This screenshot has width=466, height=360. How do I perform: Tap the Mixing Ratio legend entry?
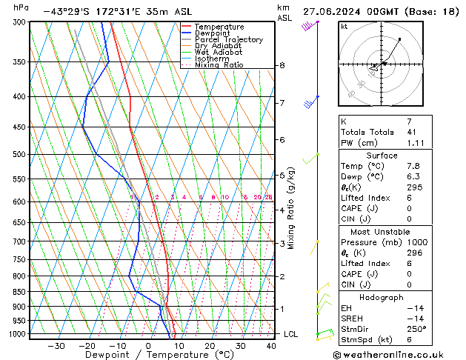click(219, 65)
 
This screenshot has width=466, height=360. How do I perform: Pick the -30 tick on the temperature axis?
click(56, 346)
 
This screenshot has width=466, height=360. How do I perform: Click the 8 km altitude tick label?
click(282, 65)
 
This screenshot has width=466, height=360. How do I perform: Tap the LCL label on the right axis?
click(291, 334)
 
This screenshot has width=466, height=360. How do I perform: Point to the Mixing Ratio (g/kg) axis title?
click(292, 208)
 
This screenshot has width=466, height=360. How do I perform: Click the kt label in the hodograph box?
click(344, 27)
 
